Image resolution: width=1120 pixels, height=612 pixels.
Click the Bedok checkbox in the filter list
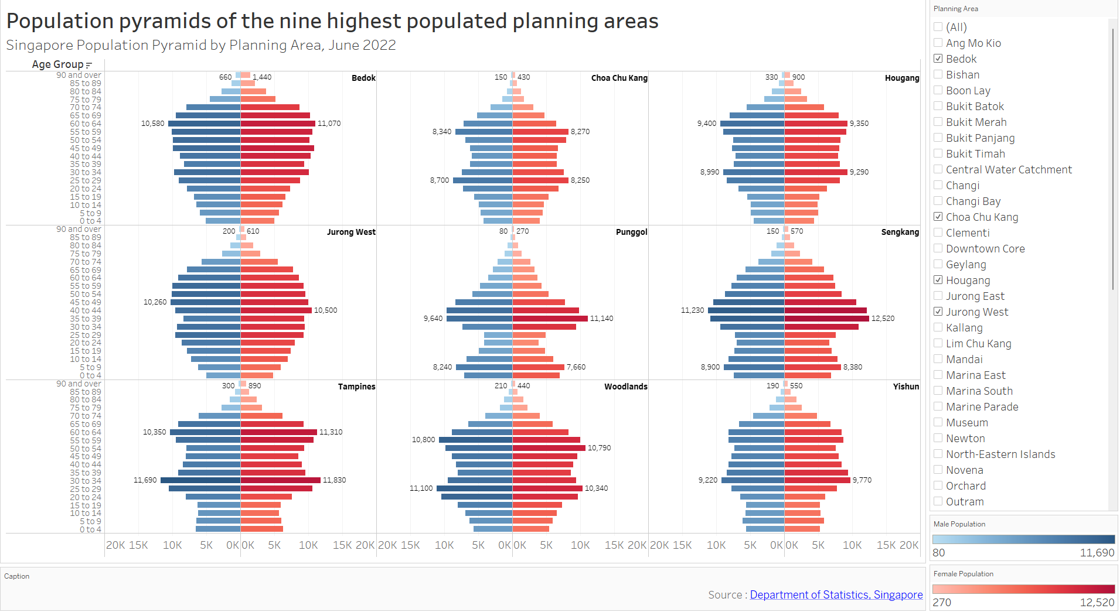(938, 59)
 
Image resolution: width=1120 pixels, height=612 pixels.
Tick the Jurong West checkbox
(938, 312)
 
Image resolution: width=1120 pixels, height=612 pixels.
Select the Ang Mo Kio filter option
(938, 43)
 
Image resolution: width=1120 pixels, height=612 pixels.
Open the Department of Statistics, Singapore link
(836, 594)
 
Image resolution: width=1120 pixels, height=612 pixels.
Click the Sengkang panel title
(900, 232)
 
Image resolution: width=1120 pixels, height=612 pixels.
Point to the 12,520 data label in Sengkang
(883, 319)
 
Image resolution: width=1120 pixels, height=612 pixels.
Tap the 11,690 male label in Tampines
(145, 480)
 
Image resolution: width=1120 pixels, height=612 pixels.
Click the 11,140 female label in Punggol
(601, 319)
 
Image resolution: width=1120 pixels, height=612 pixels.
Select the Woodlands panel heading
(625, 387)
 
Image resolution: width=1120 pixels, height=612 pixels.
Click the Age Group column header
(57, 64)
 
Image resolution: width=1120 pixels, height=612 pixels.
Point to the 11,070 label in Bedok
(329, 124)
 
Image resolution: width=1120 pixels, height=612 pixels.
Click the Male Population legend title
(959, 524)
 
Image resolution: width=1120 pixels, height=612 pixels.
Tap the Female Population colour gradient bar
(1023, 589)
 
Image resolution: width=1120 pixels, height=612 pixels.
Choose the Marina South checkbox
(938, 391)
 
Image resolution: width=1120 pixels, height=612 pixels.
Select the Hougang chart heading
(901, 78)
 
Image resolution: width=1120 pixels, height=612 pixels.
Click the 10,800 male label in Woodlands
(423, 440)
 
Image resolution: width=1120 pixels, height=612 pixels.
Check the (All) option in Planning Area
(938, 27)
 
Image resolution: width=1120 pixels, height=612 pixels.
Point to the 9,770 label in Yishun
(862, 480)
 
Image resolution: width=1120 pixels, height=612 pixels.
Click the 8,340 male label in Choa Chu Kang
(442, 132)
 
